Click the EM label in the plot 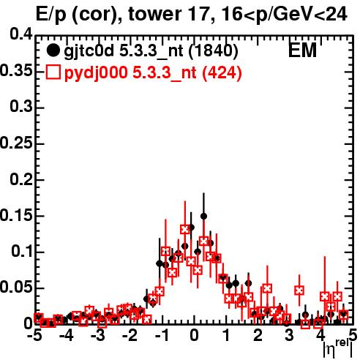[x=302, y=50]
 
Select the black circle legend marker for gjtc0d [x=53, y=50]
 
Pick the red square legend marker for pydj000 [x=53, y=72]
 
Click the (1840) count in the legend [x=213, y=51]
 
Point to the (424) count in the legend [x=222, y=73]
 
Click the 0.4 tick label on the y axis [x=21, y=34]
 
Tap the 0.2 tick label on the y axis [x=21, y=180]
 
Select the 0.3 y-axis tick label [x=21, y=107]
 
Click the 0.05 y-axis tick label [x=16, y=288]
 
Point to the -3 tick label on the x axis [x=97, y=335]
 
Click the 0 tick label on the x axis [x=194, y=335]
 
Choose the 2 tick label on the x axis [x=258, y=335]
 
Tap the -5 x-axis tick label [x=34, y=335]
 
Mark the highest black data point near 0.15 [x=203, y=216]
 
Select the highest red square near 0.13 [x=185, y=229]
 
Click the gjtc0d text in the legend [x=89, y=52]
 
